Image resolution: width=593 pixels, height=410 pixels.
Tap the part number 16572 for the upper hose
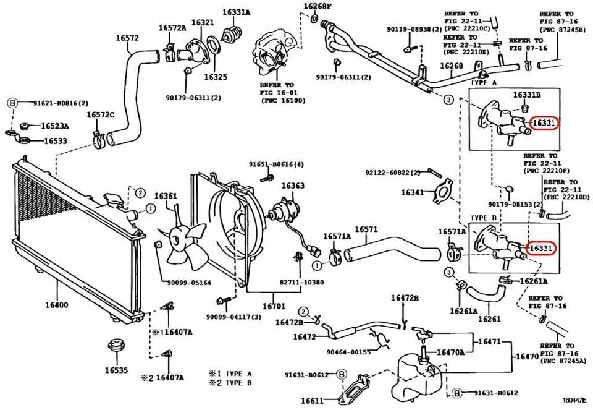pyautogui.click(x=127, y=38)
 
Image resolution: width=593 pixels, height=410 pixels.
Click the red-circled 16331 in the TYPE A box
pyautogui.click(x=544, y=123)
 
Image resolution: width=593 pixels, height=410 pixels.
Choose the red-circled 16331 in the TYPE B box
pyautogui.click(x=541, y=247)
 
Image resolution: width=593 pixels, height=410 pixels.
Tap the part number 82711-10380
pyautogui.click(x=301, y=282)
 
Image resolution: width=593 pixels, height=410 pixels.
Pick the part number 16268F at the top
pyautogui.click(x=317, y=7)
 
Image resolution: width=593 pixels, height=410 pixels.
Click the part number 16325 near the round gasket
pyautogui.click(x=216, y=77)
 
